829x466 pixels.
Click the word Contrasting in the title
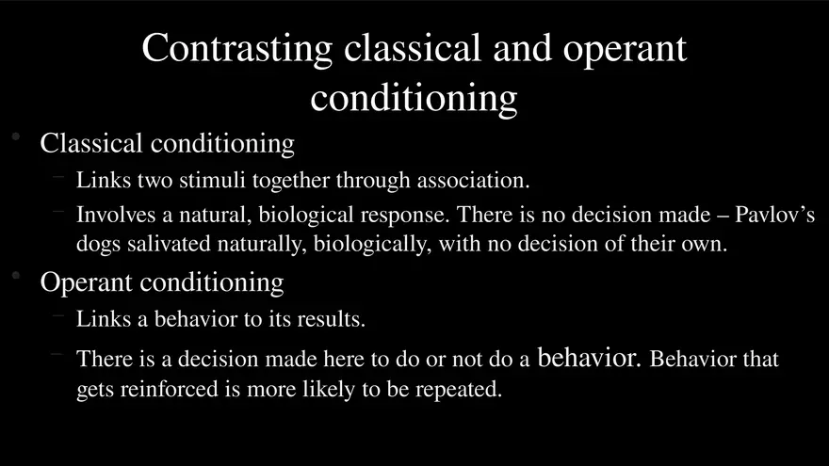click(236, 49)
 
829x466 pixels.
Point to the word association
click(473, 181)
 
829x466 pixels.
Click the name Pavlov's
click(774, 215)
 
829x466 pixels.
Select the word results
click(331, 319)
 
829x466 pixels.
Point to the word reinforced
click(170, 389)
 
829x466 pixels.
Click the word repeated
click(458, 390)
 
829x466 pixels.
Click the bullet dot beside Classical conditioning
click(16, 137)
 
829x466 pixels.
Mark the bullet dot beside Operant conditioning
click(16, 275)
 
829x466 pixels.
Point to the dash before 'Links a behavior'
click(58, 316)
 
